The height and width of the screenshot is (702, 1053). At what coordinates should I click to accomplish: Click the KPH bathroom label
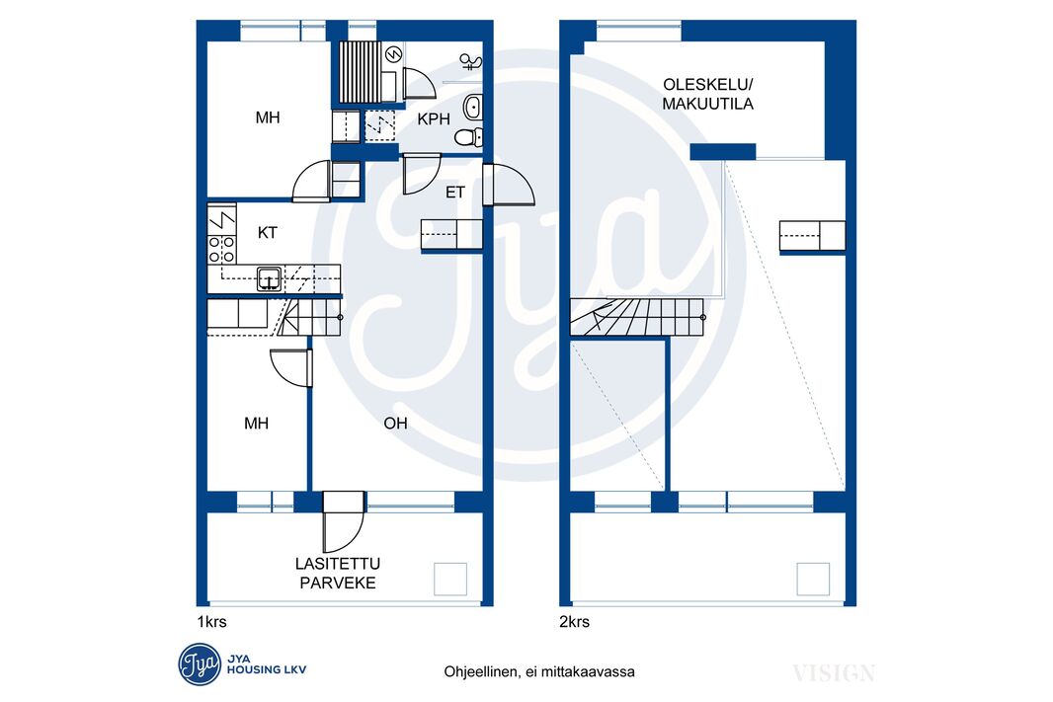coord(434,119)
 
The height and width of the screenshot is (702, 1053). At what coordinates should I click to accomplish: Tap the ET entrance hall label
coord(455,193)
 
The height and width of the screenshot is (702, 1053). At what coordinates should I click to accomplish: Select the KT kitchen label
coord(268,233)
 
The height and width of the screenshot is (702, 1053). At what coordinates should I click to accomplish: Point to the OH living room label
coord(395,423)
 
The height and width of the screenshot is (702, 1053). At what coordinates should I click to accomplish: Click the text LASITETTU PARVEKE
coord(338,573)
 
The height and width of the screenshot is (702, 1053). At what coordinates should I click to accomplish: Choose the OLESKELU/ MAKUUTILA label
coord(708,94)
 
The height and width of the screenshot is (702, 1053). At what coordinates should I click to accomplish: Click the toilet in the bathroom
coord(468,137)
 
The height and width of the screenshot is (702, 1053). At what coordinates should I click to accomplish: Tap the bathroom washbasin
coord(473,106)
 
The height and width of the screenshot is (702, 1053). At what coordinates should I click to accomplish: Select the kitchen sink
coord(269,277)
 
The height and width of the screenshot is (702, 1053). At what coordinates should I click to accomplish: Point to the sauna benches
coord(362,72)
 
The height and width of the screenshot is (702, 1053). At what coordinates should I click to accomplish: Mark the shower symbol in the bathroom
coord(471,62)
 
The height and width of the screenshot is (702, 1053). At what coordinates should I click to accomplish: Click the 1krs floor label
coord(211,622)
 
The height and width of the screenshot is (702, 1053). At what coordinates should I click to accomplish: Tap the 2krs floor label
coord(574,622)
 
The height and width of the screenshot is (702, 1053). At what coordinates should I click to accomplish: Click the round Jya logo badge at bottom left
coord(200,664)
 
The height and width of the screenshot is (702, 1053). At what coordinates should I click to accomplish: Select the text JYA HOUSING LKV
coord(267,664)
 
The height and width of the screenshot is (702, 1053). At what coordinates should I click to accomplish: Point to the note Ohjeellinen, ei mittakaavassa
coord(539,671)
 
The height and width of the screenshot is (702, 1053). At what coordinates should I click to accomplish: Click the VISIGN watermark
coord(834,673)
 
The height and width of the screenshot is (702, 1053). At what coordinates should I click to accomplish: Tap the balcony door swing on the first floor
coord(344,522)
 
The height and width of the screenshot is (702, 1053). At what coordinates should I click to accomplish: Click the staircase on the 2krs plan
coord(637,317)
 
